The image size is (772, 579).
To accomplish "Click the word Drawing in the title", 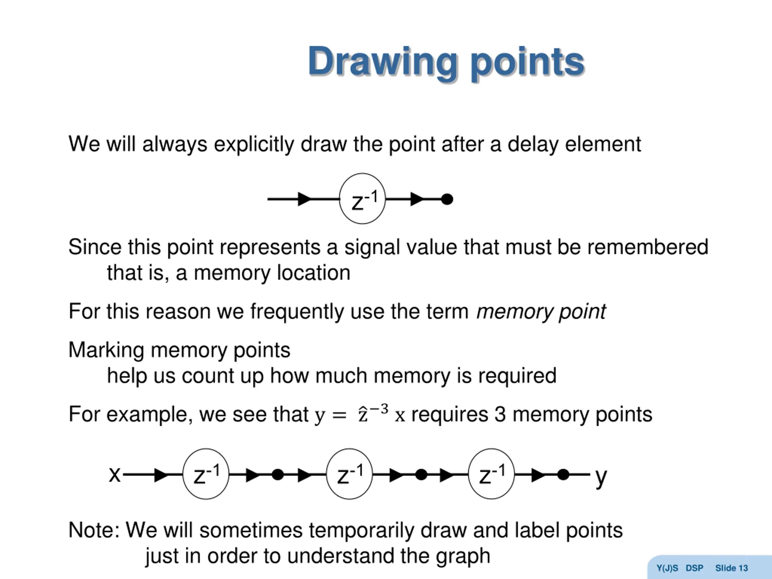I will point(382,62).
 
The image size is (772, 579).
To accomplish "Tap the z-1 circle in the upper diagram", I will point(362,199).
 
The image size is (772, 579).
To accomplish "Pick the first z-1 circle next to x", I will point(206,474).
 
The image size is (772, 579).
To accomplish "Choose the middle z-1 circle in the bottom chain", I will point(349,474).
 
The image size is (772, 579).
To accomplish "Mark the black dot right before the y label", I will point(563,475).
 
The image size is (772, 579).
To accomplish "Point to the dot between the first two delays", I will point(277,475).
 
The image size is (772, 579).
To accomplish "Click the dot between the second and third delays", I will point(421,475).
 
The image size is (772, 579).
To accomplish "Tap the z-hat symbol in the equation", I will point(363,415).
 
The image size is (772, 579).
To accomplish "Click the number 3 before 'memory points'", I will point(500,415).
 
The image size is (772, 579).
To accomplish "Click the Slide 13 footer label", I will point(731,568).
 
